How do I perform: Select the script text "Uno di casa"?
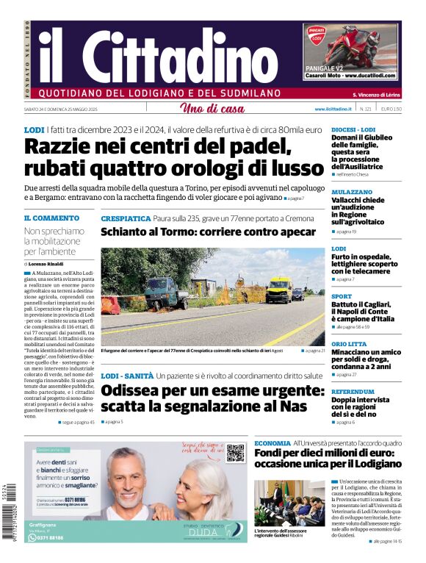pyautogui.click(x=212, y=109)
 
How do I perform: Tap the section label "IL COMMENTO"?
pyautogui.click(x=51, y=218)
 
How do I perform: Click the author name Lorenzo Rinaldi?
pyautogui.click(x=46, y=263)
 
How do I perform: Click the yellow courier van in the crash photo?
pyautogui.click(x=278, y=289)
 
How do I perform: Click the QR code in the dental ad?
pyautogui.click(x=235, y=453)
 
